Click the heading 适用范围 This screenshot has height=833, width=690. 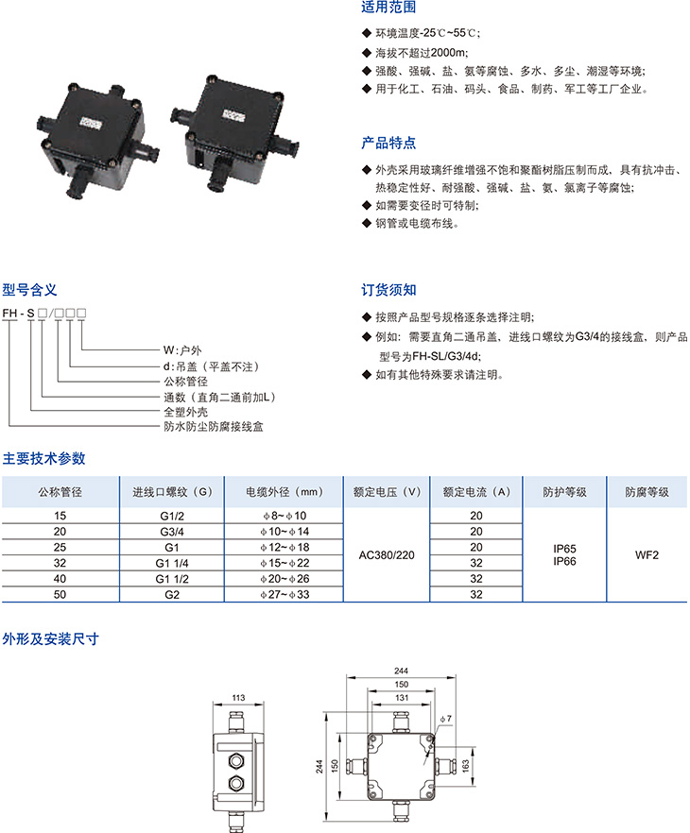pos(388,7)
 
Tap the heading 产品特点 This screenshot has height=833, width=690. pos(388,143)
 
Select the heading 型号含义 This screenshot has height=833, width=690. pos(29,290)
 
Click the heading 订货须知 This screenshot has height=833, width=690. pos(388,290)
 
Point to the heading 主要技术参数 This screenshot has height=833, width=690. pos(44,458)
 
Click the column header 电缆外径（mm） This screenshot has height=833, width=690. pos(285,492)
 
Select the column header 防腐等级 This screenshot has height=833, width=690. pos(647,492)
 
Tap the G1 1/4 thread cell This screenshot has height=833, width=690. pos(172,563)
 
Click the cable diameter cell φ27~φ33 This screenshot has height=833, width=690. pos(285,594)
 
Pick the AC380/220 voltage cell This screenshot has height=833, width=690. pos(387,555)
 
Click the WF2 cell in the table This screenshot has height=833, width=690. pos(647,555)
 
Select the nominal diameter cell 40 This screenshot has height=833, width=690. pos(60,579)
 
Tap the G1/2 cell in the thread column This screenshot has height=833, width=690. pos(172,516)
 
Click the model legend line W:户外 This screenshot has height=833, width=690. pos(182,350)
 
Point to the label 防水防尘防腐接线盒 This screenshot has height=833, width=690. pos(214,427)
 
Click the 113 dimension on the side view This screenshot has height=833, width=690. pos(238,698)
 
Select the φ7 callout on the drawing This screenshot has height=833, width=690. pos(446,719)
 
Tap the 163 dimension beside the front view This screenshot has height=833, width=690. pos(466,766)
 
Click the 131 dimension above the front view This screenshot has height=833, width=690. pos(402,698)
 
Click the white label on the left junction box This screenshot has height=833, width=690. pos(91,123)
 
